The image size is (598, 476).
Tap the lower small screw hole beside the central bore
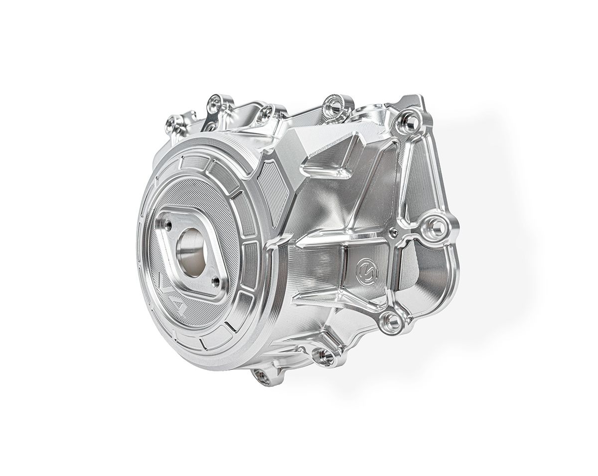(215, 281)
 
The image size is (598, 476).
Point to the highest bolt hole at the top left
(215, 103)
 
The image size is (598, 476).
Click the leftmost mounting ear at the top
(174, 120)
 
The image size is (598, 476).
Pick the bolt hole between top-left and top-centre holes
(268, 111)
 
